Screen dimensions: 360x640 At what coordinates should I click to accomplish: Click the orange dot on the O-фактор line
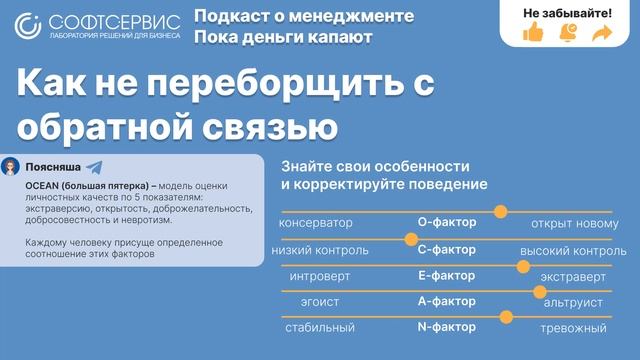501,211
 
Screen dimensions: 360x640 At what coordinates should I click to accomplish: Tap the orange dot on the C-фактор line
410,238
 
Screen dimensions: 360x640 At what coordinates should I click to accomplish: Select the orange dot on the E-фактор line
522,265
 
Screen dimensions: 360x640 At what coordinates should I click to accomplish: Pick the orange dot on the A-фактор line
540,291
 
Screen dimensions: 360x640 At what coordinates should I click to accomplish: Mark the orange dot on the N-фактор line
506,317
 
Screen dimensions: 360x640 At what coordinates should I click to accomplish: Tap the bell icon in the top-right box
568,33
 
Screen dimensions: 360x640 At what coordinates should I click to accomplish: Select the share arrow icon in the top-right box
601,33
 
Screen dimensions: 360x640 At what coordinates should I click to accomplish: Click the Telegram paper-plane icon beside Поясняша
93,167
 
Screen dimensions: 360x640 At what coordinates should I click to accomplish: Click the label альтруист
573,301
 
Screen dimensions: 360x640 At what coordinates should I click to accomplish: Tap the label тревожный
573,328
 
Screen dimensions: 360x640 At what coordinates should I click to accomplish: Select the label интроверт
318,275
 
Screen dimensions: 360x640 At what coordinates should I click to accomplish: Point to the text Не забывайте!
567,12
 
